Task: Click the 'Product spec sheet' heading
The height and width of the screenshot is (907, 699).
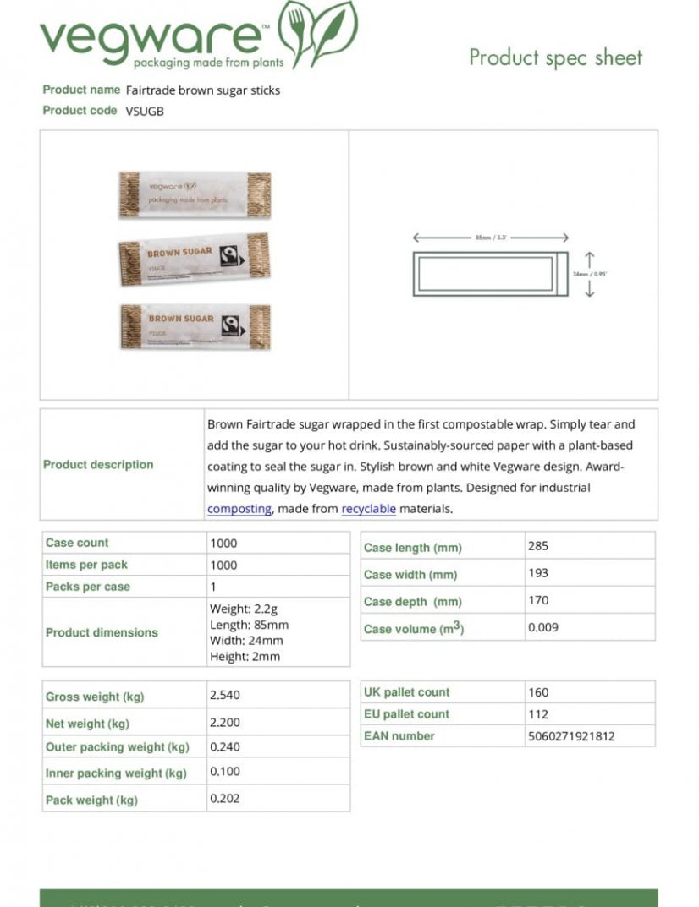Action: click(x=555, y=57)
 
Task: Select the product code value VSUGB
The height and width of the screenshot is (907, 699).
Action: click(x=145, y=111)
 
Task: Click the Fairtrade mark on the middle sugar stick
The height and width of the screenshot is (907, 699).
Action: click(x=228, y=258)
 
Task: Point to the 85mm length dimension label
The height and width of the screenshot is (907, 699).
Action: click(x=491, y=238)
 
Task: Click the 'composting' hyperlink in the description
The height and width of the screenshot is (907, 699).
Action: click(x=239, y=509)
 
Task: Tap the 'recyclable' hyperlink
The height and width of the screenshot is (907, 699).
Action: click(x=368, y=509)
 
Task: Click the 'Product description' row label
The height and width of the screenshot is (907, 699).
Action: click(x=99, y=464)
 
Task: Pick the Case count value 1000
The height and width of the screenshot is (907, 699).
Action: click(x=223, y=544)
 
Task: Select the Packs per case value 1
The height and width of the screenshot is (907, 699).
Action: click(x=213, y=587)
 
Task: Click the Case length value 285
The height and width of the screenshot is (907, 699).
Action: click(x=538, y=546)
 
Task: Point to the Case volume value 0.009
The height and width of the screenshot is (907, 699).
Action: click(x=543, y=627)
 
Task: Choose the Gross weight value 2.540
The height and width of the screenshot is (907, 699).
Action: click(x=225, y=695)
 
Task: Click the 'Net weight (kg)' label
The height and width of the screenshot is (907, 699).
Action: click(x=87, y=724)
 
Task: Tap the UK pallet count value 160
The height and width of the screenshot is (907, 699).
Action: click(x=538, y=691)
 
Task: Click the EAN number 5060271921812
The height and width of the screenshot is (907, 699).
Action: click(x=571, y=736)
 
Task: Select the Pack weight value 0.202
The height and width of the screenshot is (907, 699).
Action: click(x=225, y=799)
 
